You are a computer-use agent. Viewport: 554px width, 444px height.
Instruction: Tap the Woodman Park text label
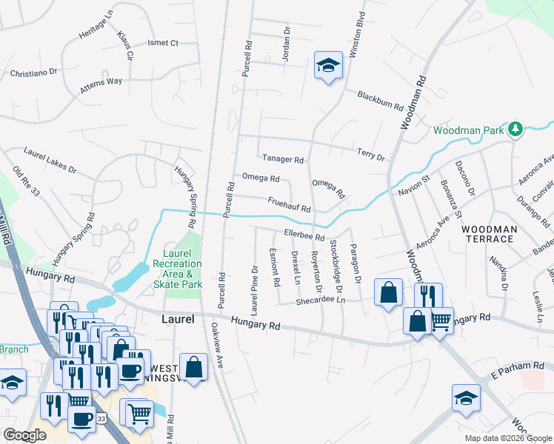point(469,130)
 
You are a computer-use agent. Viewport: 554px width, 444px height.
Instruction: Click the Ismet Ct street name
point(163,43)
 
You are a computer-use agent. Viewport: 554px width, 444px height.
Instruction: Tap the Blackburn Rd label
point(379,101)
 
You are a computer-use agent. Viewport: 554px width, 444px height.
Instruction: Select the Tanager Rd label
point(283,159)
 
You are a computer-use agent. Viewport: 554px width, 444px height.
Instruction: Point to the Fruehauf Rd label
point(289,204)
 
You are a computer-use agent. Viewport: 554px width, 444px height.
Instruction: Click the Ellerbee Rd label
point(304,236)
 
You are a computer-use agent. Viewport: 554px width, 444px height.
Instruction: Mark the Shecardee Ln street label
point(321,300)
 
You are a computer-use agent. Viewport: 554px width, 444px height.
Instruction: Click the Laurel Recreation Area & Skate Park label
point(177,269)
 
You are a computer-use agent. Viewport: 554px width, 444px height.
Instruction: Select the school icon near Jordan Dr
point(326,66)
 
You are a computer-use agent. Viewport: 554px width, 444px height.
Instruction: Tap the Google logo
point(25,435)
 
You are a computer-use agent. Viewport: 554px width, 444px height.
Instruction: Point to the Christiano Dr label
point(33,73)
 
